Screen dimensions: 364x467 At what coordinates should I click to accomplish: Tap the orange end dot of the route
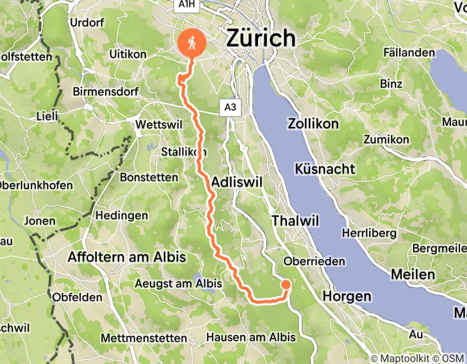coord(286,284)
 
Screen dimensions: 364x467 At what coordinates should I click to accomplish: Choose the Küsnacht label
coord(325,168)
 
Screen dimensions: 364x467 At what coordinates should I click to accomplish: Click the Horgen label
coord(347,296)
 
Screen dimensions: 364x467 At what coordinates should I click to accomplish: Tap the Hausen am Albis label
coord(251,337)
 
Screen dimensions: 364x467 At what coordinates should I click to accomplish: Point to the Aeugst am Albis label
coord(178,284)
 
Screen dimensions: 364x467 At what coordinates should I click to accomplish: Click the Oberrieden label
coord(314,261)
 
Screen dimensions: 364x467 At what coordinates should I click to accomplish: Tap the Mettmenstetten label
coord(144,338)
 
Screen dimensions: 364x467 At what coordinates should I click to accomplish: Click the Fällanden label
coord(409,53)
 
